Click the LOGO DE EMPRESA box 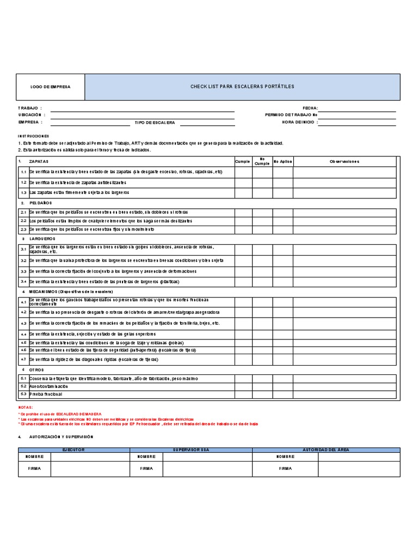point(50,87)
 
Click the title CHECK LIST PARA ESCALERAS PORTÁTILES point(242,87)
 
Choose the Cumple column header point(243,161)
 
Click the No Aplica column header point(283,161)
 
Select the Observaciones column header point(344,161)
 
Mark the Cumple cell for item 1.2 point(243,182)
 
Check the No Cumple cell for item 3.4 point(262,282)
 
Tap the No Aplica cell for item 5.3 point(283,393)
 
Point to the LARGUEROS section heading point(41,239)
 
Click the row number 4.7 point(23,360)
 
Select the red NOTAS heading point(26,407)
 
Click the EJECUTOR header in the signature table point(73,450)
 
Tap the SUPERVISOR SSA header point(190,450)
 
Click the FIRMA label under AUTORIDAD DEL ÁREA point(286,468)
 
